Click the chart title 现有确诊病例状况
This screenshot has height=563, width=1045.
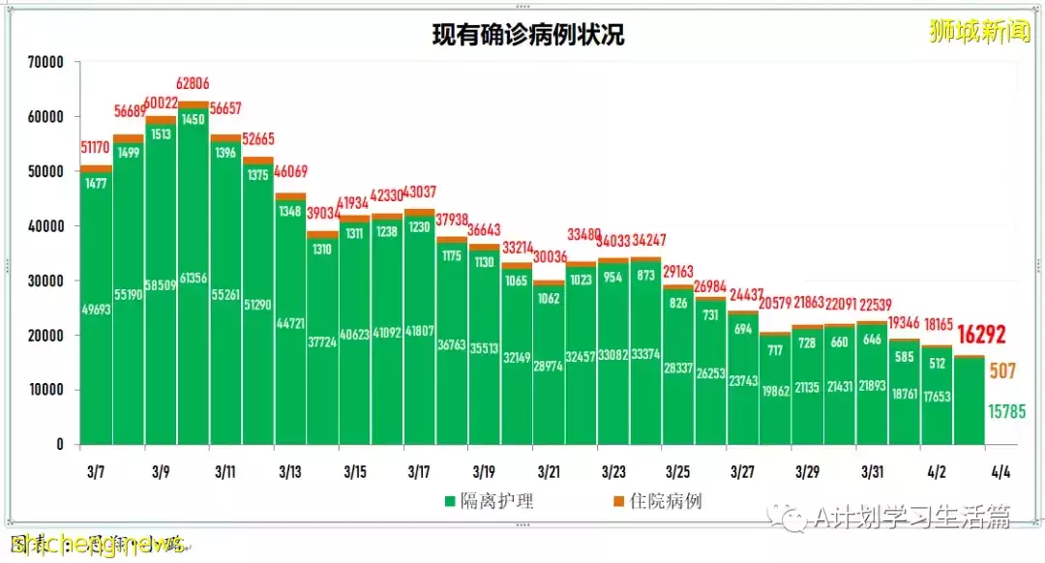527,36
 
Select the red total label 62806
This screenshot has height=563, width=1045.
194,84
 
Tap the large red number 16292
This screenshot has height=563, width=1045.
981,335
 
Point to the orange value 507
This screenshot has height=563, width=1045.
1001,370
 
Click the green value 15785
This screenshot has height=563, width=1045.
1006,412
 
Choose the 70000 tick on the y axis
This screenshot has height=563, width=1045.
45,62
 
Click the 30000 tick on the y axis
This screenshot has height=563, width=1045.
45,281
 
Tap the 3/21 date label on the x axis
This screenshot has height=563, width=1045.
548,472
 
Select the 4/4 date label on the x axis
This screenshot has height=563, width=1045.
1001,472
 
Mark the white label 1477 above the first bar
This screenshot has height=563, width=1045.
96,184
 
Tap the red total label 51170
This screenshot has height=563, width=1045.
96,148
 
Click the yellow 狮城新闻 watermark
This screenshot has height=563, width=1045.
978,32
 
